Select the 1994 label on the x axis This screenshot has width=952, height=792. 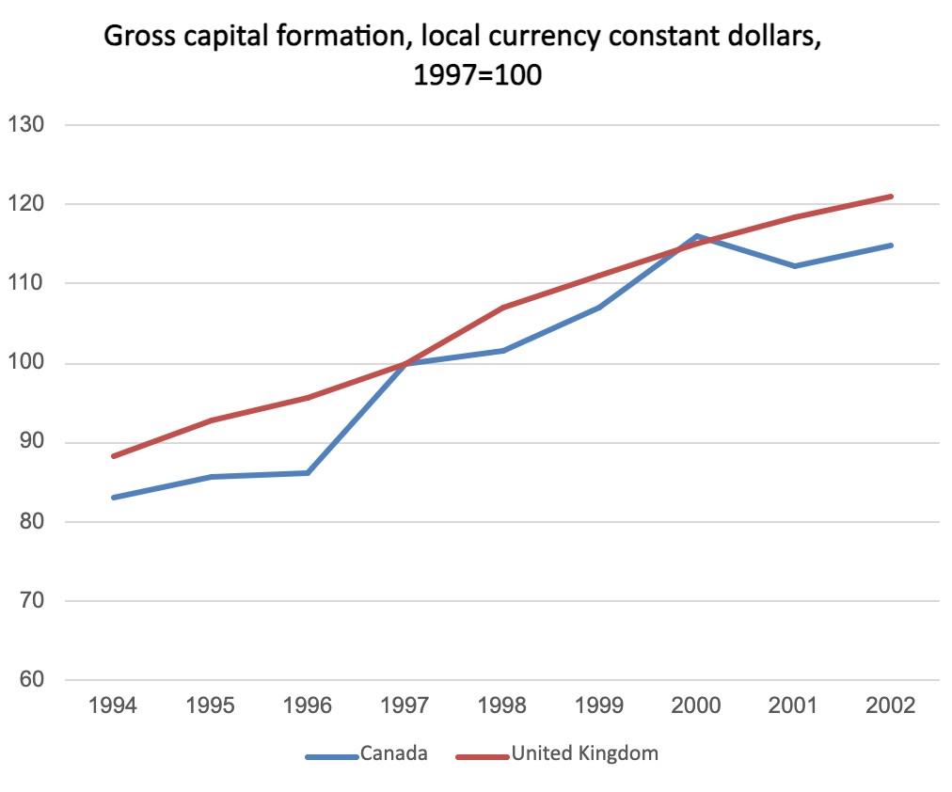113,706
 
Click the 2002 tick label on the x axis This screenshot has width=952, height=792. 891,706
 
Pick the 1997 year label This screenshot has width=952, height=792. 405,706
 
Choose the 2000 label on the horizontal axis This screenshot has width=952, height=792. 696,706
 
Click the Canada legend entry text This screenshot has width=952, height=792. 393,753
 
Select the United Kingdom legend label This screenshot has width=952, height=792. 584,753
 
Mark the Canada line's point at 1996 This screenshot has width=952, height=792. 308,472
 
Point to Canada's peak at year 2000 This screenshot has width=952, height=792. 696,236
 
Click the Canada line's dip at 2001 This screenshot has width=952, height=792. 794,266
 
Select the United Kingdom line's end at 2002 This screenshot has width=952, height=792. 891,197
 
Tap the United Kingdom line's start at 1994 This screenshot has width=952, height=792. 113,456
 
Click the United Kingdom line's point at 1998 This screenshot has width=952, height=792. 502,308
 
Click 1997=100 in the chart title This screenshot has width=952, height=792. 477,74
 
